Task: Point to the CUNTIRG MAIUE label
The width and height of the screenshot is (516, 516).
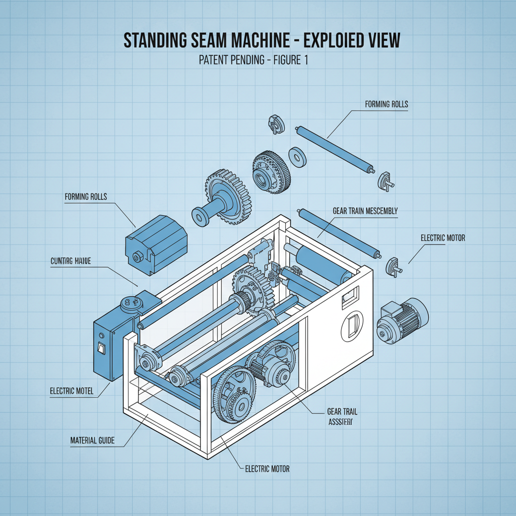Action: tap(75, 262)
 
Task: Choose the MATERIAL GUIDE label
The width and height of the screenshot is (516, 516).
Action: tap(92, 441)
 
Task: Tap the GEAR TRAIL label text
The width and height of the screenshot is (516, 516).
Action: tap(338, 411)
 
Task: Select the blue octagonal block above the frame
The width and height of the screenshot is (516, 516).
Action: tap(155, 241)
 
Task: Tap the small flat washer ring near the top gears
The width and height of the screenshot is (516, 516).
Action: tap(297, 157)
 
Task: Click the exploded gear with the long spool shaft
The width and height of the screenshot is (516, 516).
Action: tap(223, 200)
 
